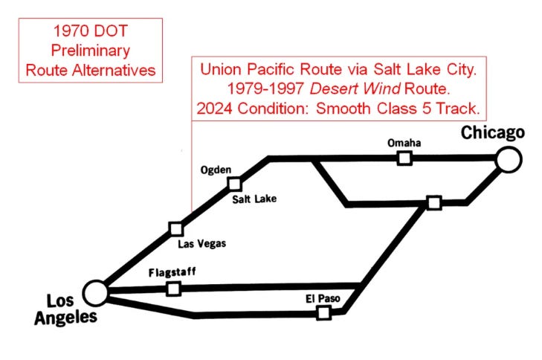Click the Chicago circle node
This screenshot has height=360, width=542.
509,158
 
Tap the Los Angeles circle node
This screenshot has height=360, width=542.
95,292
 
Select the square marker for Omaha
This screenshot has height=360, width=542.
404,158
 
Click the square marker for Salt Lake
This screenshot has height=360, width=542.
235,183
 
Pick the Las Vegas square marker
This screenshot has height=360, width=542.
176,228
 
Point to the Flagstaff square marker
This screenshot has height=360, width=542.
173,289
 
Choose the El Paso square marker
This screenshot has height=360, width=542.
323,313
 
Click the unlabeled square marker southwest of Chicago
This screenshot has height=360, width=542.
434,202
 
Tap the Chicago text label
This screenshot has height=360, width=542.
493,133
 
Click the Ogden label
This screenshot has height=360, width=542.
216,170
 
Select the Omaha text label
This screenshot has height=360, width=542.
404,142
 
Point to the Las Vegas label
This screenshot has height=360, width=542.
201,243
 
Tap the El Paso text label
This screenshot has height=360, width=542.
323,298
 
